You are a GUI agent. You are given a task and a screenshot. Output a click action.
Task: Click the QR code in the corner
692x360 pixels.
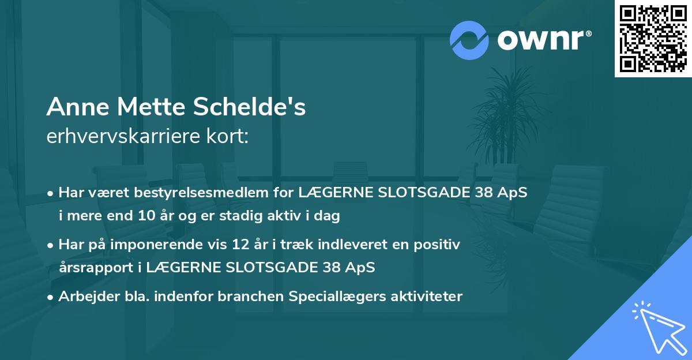coord(653,38)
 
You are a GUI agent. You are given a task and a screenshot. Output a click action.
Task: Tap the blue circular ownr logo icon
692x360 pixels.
coord(469,40)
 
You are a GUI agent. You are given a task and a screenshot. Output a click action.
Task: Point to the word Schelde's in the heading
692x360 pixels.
coord(251,107)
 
